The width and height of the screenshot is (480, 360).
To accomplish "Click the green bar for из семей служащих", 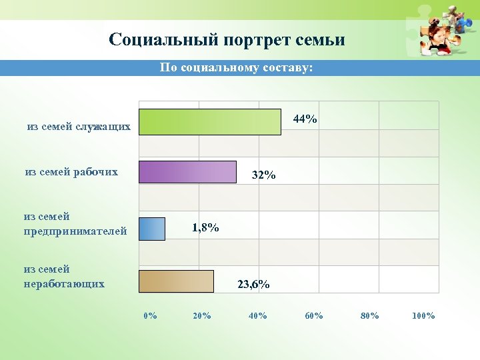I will point(209,122).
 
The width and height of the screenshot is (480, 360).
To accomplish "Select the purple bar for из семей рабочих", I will point(187,172).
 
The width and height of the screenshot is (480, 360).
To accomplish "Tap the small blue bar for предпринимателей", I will point(152,229).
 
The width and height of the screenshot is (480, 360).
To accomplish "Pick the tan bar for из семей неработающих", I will point(176,281).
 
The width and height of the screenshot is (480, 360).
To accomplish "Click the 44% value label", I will point(305,119).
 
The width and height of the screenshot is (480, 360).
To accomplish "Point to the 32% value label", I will point(263,176).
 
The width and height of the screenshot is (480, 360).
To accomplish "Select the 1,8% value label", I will point(205,228).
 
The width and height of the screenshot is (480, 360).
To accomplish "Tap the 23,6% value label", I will point(253,285).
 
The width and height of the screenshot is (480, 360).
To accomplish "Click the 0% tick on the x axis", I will point(151,315).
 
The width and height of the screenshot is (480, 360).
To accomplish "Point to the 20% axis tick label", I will point(201,315).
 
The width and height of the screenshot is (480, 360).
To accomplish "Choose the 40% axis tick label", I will point(257,315).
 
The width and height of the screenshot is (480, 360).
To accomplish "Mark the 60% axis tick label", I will point(314,315).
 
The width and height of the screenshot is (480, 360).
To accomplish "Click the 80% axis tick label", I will point(369,315).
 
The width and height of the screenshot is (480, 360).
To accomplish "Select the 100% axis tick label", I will point(423,315).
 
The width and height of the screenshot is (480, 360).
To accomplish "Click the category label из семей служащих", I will point(79,127).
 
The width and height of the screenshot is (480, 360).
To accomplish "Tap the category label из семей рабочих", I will point(71,172).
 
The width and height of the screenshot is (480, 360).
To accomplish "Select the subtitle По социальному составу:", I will point(236,68).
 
